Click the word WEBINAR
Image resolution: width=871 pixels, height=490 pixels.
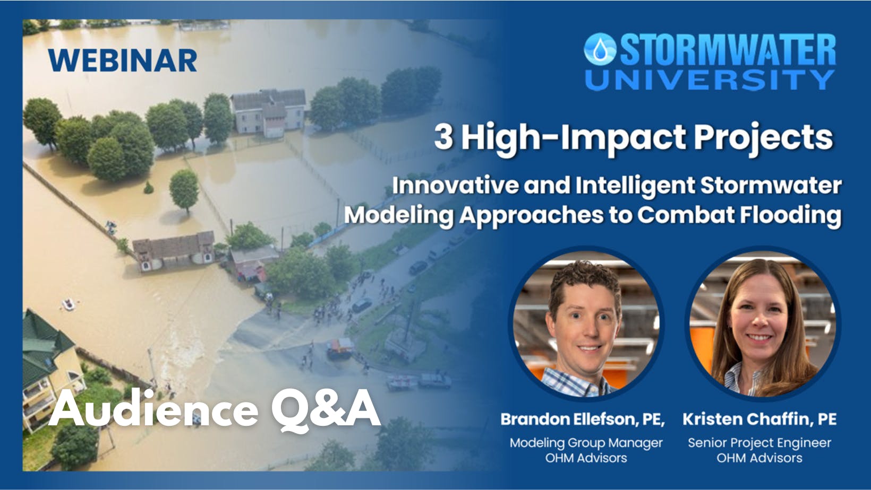(x=123, y=60)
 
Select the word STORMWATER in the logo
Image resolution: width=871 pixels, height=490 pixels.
(x=728, y=50)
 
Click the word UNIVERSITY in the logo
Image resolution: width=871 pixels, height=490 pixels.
(x=710, y=80)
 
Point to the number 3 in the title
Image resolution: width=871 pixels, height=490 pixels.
(x=443, y=136)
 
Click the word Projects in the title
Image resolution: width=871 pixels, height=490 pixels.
(x=763, y=137)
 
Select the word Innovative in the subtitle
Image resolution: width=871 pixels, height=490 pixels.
(x=455, y=186)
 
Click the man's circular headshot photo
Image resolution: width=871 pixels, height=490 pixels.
(x=585, y=323)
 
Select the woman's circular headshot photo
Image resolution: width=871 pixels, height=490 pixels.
(x=762, y=323)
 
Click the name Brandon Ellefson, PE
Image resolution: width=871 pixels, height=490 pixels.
(x=583, y=419)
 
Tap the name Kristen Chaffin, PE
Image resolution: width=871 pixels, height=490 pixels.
(x=759, y=419)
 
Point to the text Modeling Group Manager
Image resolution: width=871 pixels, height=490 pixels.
(x=586, y=443)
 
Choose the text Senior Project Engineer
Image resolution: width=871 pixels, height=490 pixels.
(x=759, y=443)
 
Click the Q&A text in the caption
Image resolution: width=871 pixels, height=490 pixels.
(x=326, y=409)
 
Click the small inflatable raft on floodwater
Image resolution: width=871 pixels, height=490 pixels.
(x=69, y=304)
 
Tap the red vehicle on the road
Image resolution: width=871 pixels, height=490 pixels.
(x=339, y=348)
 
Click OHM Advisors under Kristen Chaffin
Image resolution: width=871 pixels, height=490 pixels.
(x=759, y=458)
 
